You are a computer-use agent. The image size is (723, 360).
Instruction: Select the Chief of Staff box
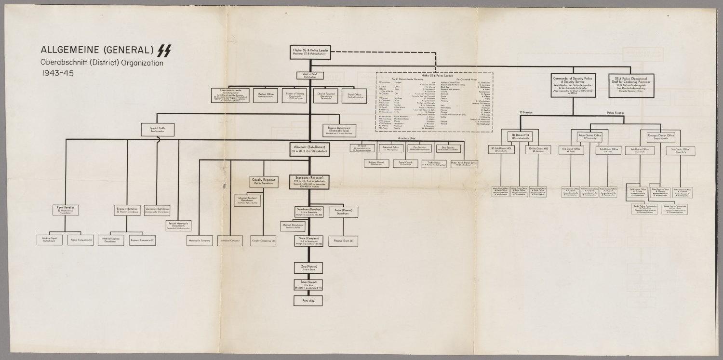coord(310,75)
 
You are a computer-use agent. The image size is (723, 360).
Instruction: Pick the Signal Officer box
coord(355,95)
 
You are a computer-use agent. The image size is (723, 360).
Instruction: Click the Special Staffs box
coord(157,129)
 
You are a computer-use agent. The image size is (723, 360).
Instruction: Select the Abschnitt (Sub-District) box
coord(309,148)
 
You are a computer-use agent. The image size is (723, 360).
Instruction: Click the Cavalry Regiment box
coord(263,181)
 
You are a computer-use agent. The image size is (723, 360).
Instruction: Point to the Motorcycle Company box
coord(200,240)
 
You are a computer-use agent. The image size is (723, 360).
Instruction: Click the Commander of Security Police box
coord(576,85)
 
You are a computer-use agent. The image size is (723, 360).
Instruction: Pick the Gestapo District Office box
coord(660,137)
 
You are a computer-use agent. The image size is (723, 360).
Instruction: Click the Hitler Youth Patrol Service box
coord(464,163)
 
